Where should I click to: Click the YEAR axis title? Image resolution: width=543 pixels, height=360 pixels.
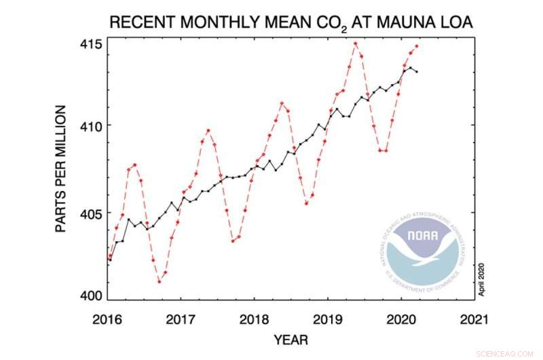(x=292, y=338)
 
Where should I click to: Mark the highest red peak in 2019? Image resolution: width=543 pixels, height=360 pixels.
(x=355, y=43)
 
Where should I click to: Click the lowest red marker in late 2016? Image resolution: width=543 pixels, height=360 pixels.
(x=159, y=281)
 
